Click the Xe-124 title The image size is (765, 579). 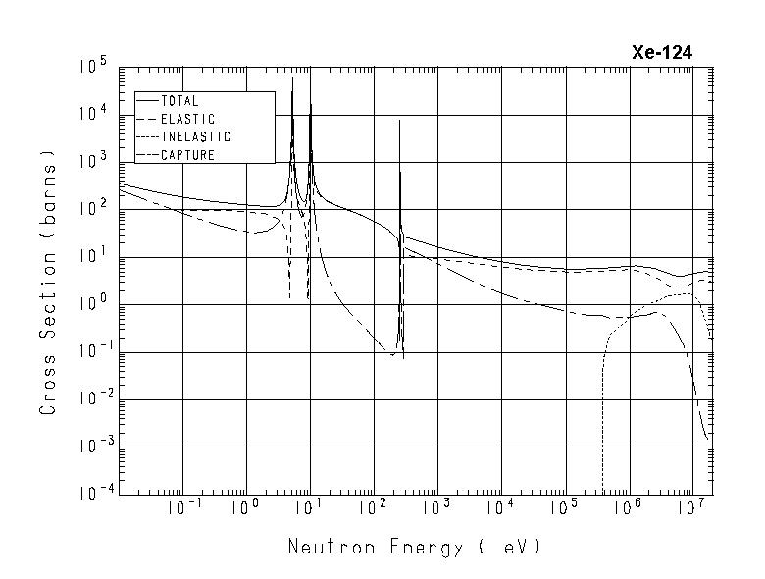pyautogui.click(x=662, y=53)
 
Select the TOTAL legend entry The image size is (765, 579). pyautogui.click(x=178, y=101)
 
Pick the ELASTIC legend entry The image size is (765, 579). pyautogui.click(x=186, y=119)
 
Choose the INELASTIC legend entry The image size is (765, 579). pyautogui.click(x=194, y=136)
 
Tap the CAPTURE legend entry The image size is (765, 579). pyautogui.click(x=186, y=154)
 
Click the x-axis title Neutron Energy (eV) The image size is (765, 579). pyautogui.click(x=414, y=547)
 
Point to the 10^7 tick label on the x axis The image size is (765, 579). pyautogui.click(x=691, y=506)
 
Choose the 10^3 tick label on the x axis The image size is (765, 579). pyautogui.click(x=436, y=506)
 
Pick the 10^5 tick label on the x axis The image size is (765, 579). pyautogui.click(x=564, y=506)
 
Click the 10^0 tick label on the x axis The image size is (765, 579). pyautogui.click(x=245, y=506)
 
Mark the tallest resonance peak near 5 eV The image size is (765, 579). pyautogui.click(x=292, y=78)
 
